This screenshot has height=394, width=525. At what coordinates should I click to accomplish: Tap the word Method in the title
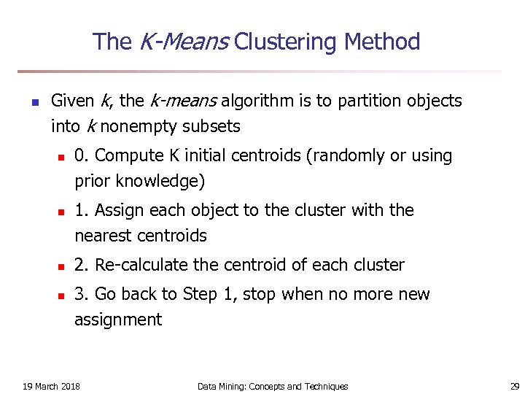382,42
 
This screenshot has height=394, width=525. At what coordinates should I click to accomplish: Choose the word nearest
102,236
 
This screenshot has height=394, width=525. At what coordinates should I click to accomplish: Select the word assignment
118,320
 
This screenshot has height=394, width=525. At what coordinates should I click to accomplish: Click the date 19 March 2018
52,386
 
